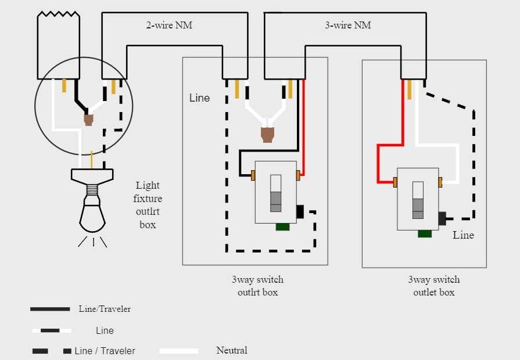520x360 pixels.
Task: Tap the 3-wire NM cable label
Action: (x=347, y=25)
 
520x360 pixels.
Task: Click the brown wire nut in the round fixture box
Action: (x=89, y=119)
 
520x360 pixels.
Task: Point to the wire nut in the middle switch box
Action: (x=267, y=134)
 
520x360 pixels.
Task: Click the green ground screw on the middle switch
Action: (x=282, y=226)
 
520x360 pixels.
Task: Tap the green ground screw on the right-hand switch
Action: (x=424, y=233)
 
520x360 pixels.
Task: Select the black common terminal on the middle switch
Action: (x=300, y=212)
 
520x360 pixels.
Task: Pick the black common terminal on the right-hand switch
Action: (x=442, y=218)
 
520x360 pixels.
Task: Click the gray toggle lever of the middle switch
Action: (x=276, y=200)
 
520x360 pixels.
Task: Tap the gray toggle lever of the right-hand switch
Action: (x=418, y=207)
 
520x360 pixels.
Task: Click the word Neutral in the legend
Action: (x=232, y=350)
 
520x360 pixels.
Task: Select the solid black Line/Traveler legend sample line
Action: (x=50, y=309)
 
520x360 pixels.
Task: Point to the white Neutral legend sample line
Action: (x=179, y=351)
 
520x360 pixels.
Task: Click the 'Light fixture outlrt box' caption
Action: (x=148, y=205)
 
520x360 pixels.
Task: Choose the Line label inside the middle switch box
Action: (x=199, y=98)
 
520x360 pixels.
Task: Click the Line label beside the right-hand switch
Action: (x=463, y=235)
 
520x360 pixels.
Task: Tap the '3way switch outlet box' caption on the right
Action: (x=433, y=286)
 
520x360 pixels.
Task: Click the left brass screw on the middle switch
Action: (x=254, y=175)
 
